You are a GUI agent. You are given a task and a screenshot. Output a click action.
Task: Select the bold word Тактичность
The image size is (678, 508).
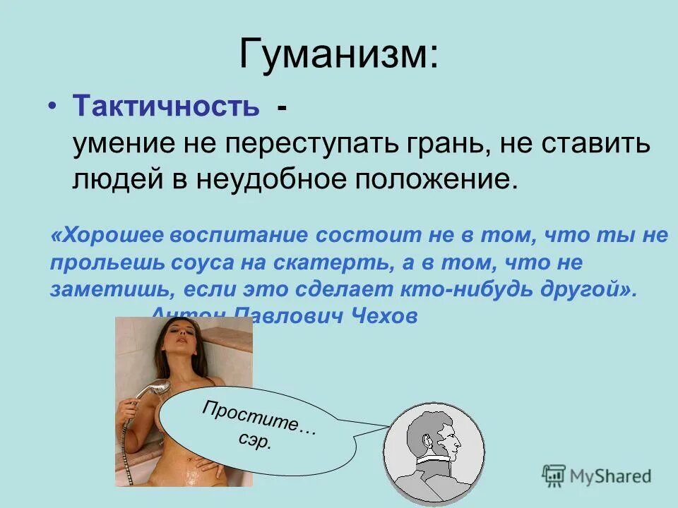(x=165, y=107)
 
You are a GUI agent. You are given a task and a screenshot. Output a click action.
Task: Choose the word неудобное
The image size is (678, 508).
(x=275, y=179)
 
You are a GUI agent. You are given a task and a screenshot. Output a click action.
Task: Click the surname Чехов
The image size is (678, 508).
(x=385, y=317)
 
